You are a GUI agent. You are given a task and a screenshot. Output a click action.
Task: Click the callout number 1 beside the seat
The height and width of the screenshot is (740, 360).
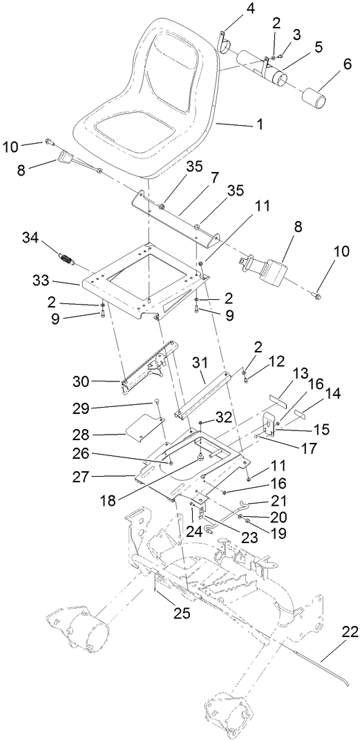pos(260,125)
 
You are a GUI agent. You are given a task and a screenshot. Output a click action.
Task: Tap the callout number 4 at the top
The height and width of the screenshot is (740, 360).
pos(231,10)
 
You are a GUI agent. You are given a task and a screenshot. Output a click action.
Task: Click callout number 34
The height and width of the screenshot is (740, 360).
pos(31,239)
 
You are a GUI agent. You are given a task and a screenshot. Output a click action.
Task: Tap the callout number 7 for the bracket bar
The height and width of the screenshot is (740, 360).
pos(214,179)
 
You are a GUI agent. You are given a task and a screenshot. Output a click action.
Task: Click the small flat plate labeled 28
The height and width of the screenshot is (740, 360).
pos(144,425)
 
